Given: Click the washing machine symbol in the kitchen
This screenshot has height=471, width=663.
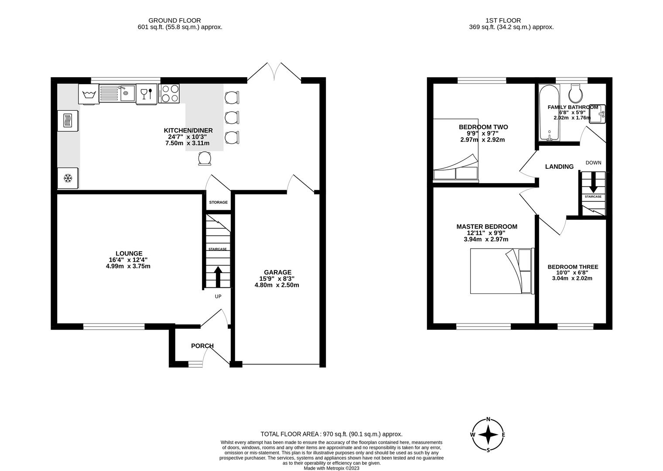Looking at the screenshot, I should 89,94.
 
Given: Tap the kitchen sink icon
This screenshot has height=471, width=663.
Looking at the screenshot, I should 117,93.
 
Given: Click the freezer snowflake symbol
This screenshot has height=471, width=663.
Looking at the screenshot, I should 68,178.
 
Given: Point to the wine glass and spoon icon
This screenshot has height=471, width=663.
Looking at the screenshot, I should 146,94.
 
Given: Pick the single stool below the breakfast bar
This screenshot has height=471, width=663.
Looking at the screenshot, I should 204,158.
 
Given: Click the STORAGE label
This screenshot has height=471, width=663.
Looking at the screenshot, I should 218,202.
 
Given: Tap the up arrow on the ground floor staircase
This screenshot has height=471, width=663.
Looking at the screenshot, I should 218,276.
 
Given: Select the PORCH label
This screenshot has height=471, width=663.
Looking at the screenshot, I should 202,346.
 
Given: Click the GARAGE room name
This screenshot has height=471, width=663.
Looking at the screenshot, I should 277,272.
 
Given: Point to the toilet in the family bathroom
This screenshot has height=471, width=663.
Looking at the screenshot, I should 575,92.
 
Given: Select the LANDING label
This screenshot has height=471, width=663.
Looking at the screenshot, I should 559,167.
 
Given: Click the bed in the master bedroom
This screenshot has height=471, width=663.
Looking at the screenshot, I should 501,271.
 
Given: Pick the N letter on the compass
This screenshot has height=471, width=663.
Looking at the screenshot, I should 488,420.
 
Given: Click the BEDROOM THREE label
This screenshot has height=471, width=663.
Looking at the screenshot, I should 573,267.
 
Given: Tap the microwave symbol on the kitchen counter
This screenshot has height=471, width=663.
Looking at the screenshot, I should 68,120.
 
